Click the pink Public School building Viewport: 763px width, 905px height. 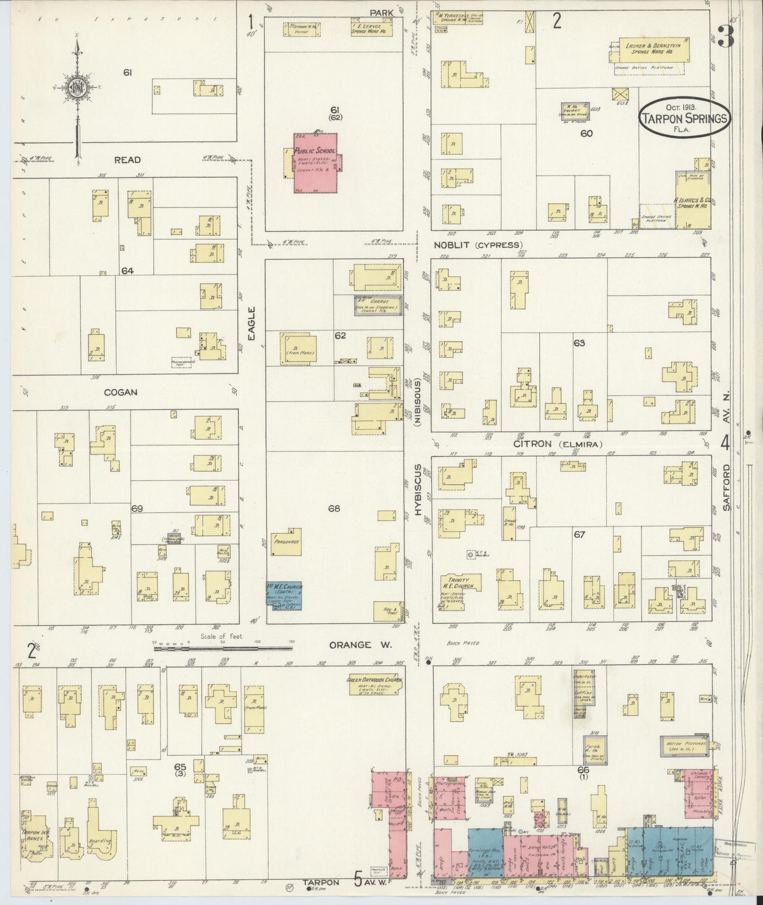tap(315, 163)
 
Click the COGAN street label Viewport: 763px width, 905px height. tap(121, 392)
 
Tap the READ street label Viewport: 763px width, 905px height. tap(127, 159)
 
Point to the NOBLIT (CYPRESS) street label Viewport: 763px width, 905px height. tap(478, 245)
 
